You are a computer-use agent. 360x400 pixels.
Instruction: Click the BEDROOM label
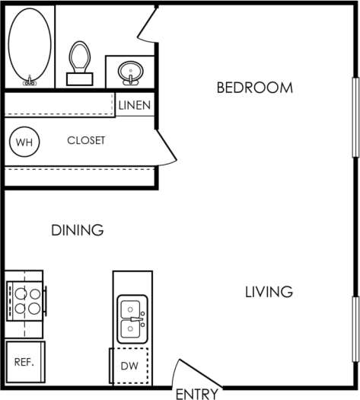pos(254,88)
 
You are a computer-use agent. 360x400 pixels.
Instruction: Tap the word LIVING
pos(269,291)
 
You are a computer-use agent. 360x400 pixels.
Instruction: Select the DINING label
pos(77,229)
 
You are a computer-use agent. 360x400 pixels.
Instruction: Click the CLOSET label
pos(86,141)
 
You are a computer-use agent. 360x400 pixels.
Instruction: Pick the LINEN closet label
pos(135,106)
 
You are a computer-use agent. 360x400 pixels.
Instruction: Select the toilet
pos(78,61)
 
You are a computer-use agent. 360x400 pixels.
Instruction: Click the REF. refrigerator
pos(24,361)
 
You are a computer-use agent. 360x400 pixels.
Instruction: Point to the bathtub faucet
pos(30,79)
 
